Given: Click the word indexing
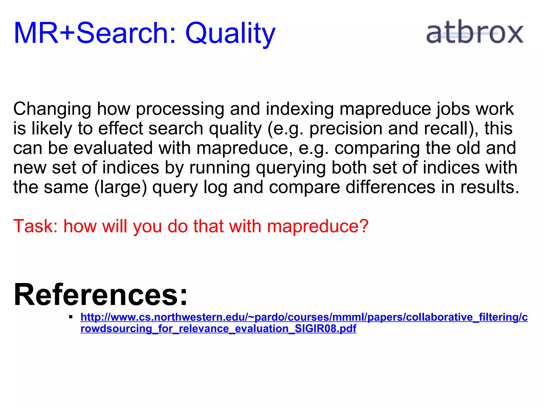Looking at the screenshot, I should [x=300, y=109].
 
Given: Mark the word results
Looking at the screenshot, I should [x=490, y=187].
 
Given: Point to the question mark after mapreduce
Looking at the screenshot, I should [x=363, y=226].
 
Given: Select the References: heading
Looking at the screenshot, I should [x=101, y=295].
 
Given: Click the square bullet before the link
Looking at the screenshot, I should [x=71, y=317].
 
